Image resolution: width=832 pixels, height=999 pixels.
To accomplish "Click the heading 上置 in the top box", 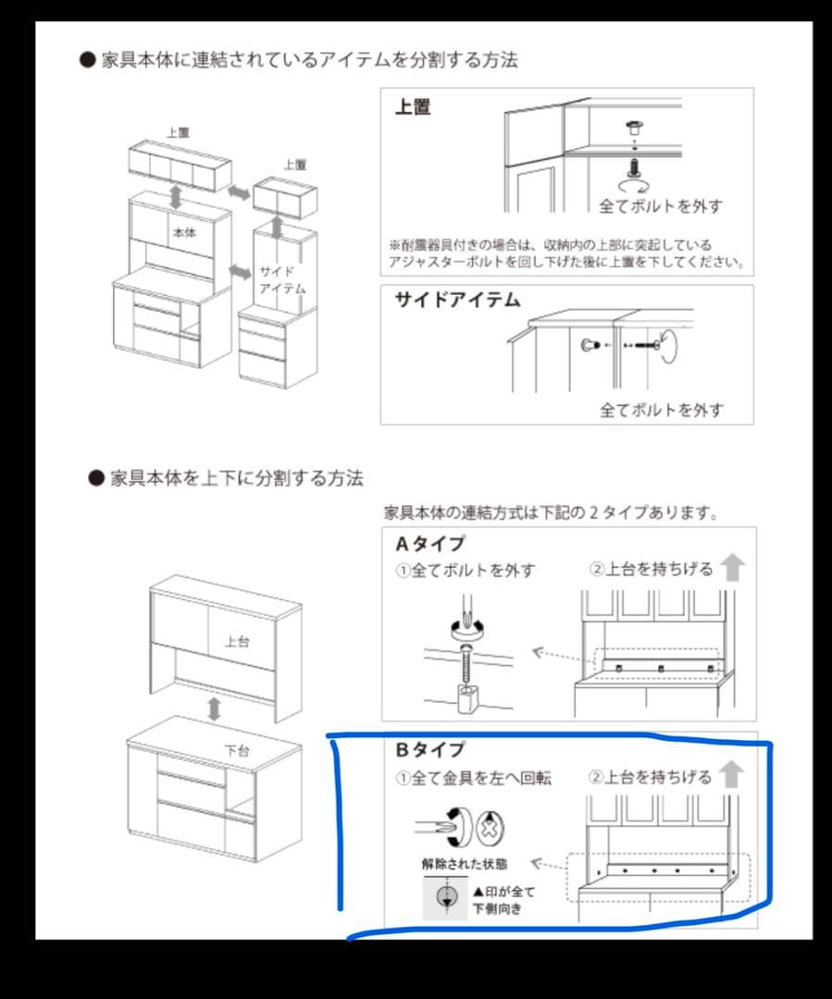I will pyautogui.click(x=413, y=106).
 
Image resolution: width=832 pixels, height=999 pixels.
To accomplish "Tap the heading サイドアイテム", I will pyautogui.click(x=457, y=300).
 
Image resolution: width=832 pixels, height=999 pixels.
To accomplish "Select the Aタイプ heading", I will pyautogui.click(x=430, y=544).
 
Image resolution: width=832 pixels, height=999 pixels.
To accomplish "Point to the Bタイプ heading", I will pyautogui.click(x=430, y=749).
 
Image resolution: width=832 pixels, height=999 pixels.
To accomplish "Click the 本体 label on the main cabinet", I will pyautogui.click(x=184, y=233).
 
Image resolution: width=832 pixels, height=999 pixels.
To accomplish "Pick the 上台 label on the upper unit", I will pyautogui.click(x=237, y=641).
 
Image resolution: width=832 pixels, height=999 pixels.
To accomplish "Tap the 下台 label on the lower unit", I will pyautogui.click(x=237, y=750).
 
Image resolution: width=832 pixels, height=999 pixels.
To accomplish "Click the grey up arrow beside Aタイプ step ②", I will pyautogui.click(x=733, y=566).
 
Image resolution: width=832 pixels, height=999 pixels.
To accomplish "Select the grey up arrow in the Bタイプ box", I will pyautogui.click(x=733, y=773).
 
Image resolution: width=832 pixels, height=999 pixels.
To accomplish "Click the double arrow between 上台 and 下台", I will pyautogui.click(x=215, y=709).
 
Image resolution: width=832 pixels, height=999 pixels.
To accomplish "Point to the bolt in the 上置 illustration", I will pyautogui.click(x=635, y=166).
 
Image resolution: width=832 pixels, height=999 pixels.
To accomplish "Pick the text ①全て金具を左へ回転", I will pyautogui.click(x=474, y=779).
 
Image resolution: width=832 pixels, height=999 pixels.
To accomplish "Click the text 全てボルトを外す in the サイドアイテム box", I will pyautogui.click(x=661, y=409).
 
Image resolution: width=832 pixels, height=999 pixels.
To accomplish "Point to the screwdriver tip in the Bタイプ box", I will pyautogui.click(x=452, y=822).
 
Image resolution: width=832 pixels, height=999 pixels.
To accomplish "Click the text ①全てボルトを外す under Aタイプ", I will pyautogui.click(x=466, y=571).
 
